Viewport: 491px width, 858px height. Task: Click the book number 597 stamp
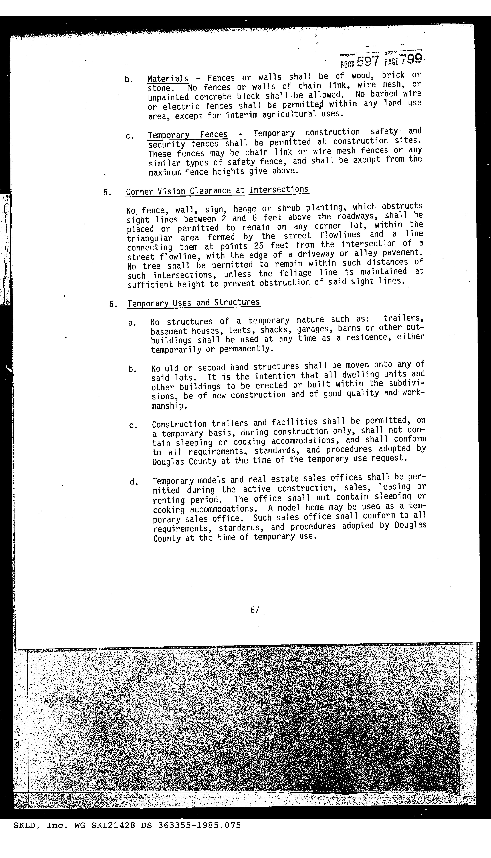click(x=368, y=61)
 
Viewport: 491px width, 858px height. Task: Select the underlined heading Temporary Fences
click(x=187, y=135)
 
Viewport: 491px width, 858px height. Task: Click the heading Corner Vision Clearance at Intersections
click(x=217, y=191)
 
